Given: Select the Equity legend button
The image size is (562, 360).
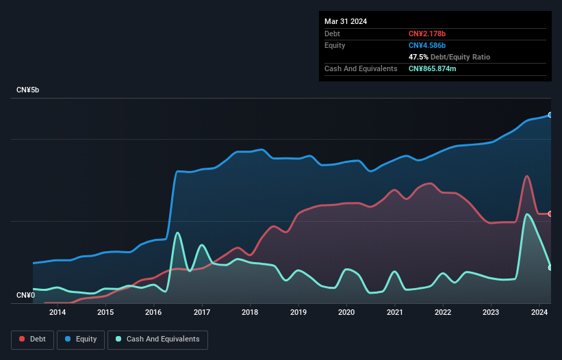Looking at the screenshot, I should (x=81, y=339).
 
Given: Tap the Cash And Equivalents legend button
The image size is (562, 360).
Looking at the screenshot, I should (x=157, y=339).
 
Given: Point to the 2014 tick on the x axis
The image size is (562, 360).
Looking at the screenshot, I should (x=58, y=313).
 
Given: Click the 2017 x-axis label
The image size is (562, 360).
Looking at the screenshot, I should (x=202, y=313).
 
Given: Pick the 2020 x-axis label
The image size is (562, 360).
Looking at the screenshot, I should (x=346, y=313).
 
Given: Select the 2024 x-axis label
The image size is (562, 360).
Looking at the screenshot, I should (x=539, y=313).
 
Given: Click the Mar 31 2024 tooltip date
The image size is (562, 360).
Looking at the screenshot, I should (x=346, y=21).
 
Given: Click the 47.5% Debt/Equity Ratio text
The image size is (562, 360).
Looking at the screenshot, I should (x=449, y=57).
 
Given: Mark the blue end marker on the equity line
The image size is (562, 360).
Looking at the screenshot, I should (x=550, y=115).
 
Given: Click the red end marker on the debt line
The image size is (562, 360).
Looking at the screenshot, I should (x=550, y=214).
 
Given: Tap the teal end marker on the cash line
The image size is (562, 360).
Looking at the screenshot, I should (x=550, y=268).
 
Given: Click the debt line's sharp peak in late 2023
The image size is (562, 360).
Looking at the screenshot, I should (x=526, y=177).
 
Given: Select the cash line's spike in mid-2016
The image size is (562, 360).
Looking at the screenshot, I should (x=178, y=233).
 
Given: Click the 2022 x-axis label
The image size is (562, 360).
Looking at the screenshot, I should (x=443, y=313).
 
